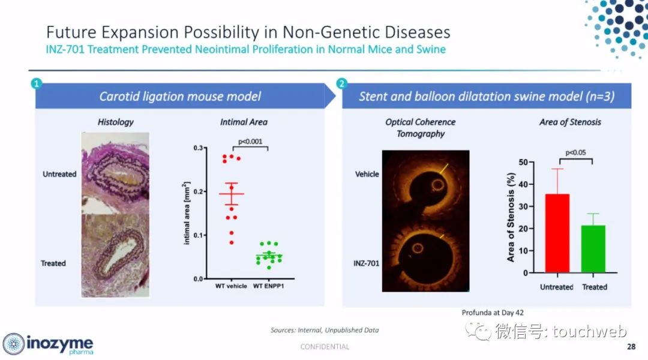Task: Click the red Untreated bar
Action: tap(557, 233)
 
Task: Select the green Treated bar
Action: tap(593, 249)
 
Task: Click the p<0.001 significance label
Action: tap(250, 142)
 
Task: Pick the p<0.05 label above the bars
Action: tap(575, 152)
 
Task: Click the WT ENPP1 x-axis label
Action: tap(269, 286)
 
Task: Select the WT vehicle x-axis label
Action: tap(231, 286)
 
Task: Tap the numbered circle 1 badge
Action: tap(37, 83)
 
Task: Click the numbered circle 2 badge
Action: tap(341, 83)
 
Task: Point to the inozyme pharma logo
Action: tap(48, 344)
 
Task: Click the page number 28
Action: tap(631, 346)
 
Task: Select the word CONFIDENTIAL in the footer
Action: tap(325, 346)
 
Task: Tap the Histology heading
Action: tap(116, 122)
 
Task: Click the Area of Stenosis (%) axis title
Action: tap(511, 217)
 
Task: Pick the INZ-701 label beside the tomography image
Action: tap(366, 263)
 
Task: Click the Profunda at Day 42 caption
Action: tap(493, 313)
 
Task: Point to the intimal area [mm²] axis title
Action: tap(187, 213)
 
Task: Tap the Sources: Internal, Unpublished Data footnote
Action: tap(325, 330)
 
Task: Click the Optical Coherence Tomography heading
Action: tap(420, 128)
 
